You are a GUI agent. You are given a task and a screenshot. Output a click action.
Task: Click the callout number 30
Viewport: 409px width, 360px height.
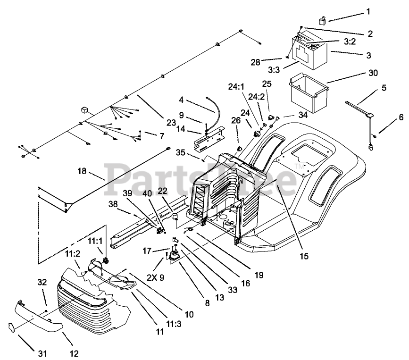pos(373,73)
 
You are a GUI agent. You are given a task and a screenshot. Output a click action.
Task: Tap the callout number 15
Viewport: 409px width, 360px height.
pos(304,256)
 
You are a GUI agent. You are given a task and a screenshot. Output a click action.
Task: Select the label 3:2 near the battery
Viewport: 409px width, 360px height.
pos(350,42)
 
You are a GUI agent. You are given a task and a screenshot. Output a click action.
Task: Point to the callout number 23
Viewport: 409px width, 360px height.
pos(171,122)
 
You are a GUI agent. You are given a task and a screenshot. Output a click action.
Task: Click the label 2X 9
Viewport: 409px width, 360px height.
pos(156,277)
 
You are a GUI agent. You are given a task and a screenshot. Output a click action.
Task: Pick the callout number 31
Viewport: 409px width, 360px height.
pos(42,353)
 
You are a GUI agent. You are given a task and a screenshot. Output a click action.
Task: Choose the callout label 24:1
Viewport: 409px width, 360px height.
pos(236,86)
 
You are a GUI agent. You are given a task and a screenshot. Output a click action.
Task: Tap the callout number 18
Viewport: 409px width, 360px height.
pos(82,171)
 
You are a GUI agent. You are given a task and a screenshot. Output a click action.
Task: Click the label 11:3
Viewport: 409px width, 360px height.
pos(174,324)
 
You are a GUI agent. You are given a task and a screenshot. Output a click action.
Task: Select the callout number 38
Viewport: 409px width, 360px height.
pos(113,204)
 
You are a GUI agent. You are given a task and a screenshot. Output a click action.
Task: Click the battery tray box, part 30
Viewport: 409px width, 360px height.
pos(309,92)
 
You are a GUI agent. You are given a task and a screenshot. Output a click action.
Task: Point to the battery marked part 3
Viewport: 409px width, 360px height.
pos(309,50)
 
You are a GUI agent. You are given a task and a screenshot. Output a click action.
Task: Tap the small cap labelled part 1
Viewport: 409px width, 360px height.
pos(322,20)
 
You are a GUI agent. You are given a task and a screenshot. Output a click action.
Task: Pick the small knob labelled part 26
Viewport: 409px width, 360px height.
pos(238,149)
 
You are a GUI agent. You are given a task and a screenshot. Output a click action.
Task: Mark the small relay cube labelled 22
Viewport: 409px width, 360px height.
pos(175,216)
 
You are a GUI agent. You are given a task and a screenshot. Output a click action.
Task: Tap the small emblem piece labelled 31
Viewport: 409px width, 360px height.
pos(11,327)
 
